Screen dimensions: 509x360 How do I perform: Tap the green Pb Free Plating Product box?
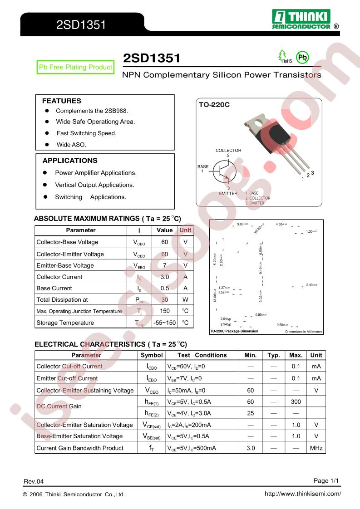point(75,67)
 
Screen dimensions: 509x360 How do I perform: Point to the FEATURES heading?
point(62,101)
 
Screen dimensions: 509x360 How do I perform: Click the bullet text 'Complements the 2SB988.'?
point(92,111)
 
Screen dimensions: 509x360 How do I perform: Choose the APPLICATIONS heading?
point(70,161)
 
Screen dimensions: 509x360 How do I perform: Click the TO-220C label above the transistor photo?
point(214,105)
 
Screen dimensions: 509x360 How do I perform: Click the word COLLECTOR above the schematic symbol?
point(228,150)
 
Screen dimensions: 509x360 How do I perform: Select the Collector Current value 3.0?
point(165,277)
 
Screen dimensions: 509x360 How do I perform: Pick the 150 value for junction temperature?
point(165,311)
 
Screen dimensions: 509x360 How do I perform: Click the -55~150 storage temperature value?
point(165,323)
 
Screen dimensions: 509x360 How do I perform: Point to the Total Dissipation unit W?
point(185,299)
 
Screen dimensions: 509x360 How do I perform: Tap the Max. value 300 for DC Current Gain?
point(296,401)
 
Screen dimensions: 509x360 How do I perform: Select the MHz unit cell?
point(316,448)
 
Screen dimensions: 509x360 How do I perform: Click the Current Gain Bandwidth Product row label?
point(80,448)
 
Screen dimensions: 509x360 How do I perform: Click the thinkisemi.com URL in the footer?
point(302,494)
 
